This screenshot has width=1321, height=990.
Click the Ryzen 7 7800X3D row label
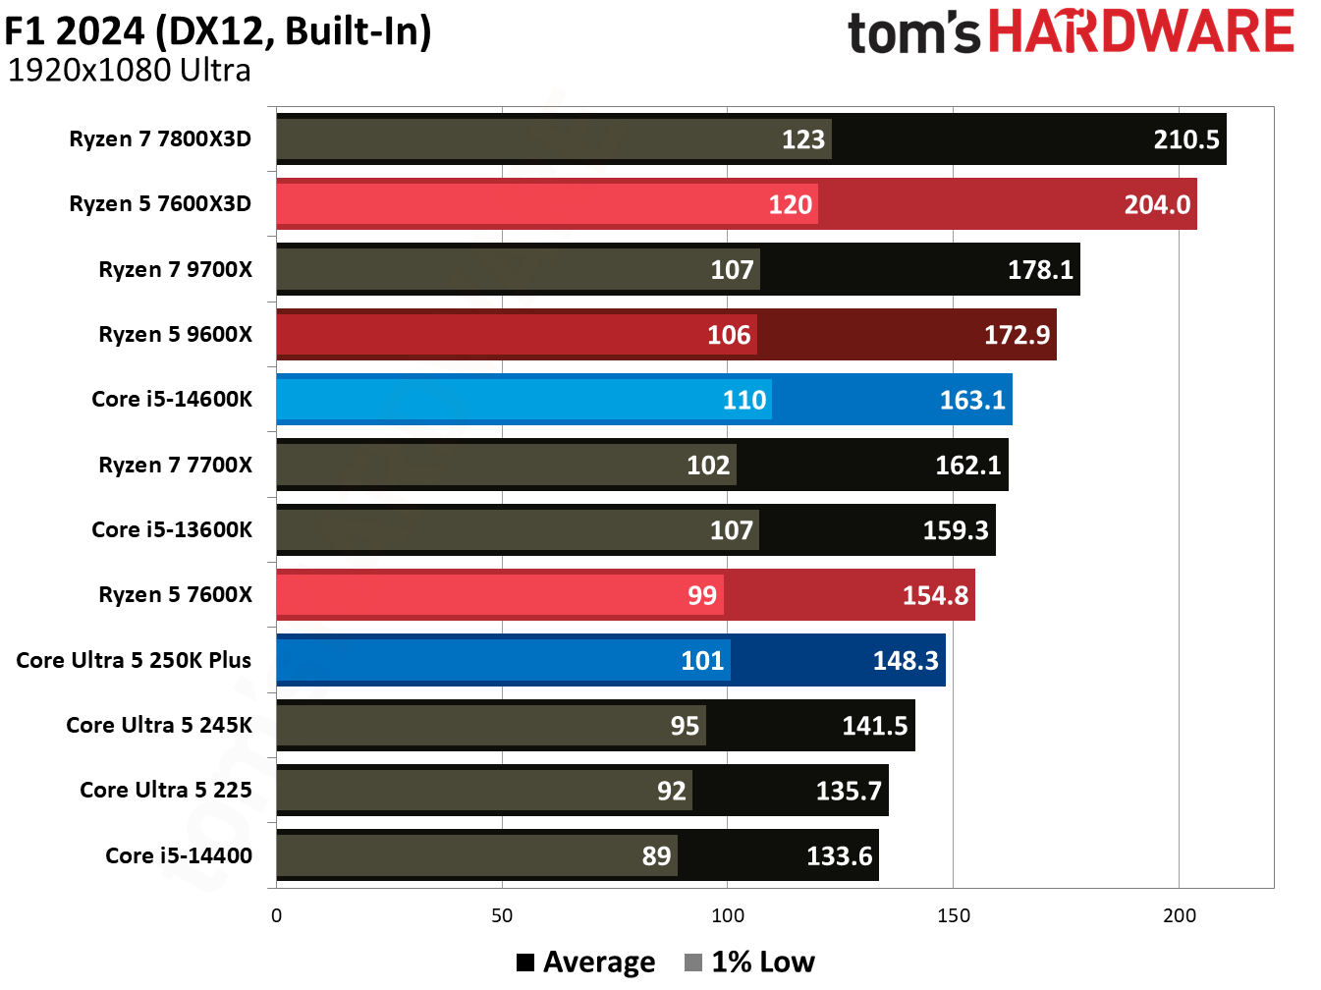click(x=160, y=138)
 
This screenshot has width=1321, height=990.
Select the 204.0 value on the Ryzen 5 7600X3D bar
click(x=1156, y=204)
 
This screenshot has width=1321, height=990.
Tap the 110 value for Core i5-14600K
click(x=743, y=400)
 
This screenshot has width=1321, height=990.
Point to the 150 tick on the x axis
click(x=953, y=915)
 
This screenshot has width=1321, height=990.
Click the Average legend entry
click(x=586, y=962)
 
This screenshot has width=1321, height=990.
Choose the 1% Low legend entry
click(x=750, y=962)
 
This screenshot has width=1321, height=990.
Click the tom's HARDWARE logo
click(x=1071, y=32)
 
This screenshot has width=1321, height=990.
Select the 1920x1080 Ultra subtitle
click(x=129, y=71)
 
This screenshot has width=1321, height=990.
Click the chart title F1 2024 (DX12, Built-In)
click(x=218, y=30)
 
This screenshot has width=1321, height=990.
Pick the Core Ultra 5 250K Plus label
click(x=134, y=660)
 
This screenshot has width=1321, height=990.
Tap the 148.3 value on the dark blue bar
click(x=905, y=660)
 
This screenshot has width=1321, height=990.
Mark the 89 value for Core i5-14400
click(x=656, y=855)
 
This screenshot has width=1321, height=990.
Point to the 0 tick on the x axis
click(x=276, y=915)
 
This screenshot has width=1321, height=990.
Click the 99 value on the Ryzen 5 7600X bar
click(x=701, y=595)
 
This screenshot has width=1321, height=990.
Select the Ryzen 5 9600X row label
click(x=175, y=334)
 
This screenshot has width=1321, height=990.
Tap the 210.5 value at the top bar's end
click(x=1185, y=139)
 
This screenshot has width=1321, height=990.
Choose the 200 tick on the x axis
click(x=1179, y=915)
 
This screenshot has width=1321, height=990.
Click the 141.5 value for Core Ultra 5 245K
click(x=874, y=726)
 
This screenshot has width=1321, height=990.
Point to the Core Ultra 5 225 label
click(x=166, y=790)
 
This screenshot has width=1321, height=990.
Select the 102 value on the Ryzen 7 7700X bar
click(x=707, y=465)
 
